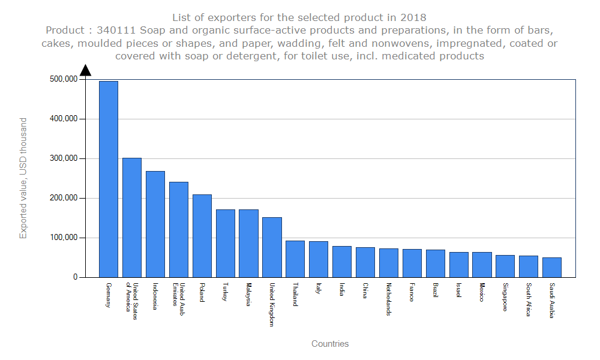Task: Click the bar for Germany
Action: tap(109, 179)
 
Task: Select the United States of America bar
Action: tap(132, 217)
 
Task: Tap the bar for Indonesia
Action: tap(155, 224)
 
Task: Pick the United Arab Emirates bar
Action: tap(179, 229)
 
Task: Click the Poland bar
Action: tap(202, 236)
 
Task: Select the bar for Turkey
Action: tap(226, 243)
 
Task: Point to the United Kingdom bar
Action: tap(272, 247)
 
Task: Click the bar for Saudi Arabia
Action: tap(552, 268)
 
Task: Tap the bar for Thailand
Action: tap(295, 259)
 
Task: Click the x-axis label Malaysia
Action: tap(248, 294)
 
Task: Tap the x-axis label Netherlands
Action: tap(389, 299)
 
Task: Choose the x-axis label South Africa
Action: tap(529, 299)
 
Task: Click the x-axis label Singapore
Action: tap(505, 297)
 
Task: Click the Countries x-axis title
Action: tap(330, 344)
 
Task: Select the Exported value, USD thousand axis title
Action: tap(23, 178)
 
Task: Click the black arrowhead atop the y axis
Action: tap(85, 70)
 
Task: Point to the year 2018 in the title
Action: tap(414, 17)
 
